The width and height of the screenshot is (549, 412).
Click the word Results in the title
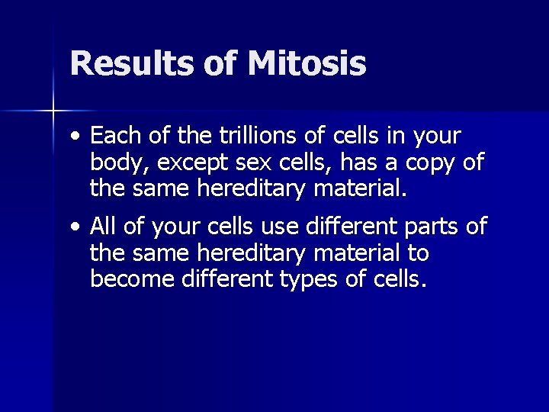[130, 64]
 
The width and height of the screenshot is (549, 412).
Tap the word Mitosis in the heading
[307, 64]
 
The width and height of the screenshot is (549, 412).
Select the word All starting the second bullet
[104, 227]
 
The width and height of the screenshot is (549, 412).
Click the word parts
[425, 227]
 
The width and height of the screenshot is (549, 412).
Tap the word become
[133, 278]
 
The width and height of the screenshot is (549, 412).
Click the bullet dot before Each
[73, 138]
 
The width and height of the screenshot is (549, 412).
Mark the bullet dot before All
[73, 228]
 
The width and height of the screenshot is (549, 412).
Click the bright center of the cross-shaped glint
[53, 111]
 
